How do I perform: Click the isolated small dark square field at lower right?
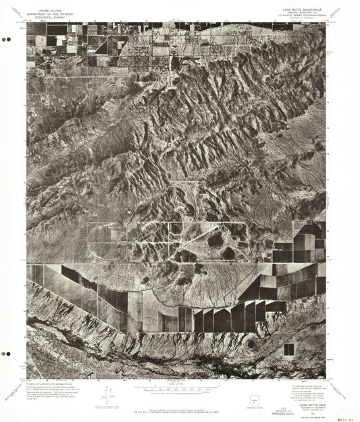pos(288,348)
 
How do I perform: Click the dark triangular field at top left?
pos(101,47)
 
